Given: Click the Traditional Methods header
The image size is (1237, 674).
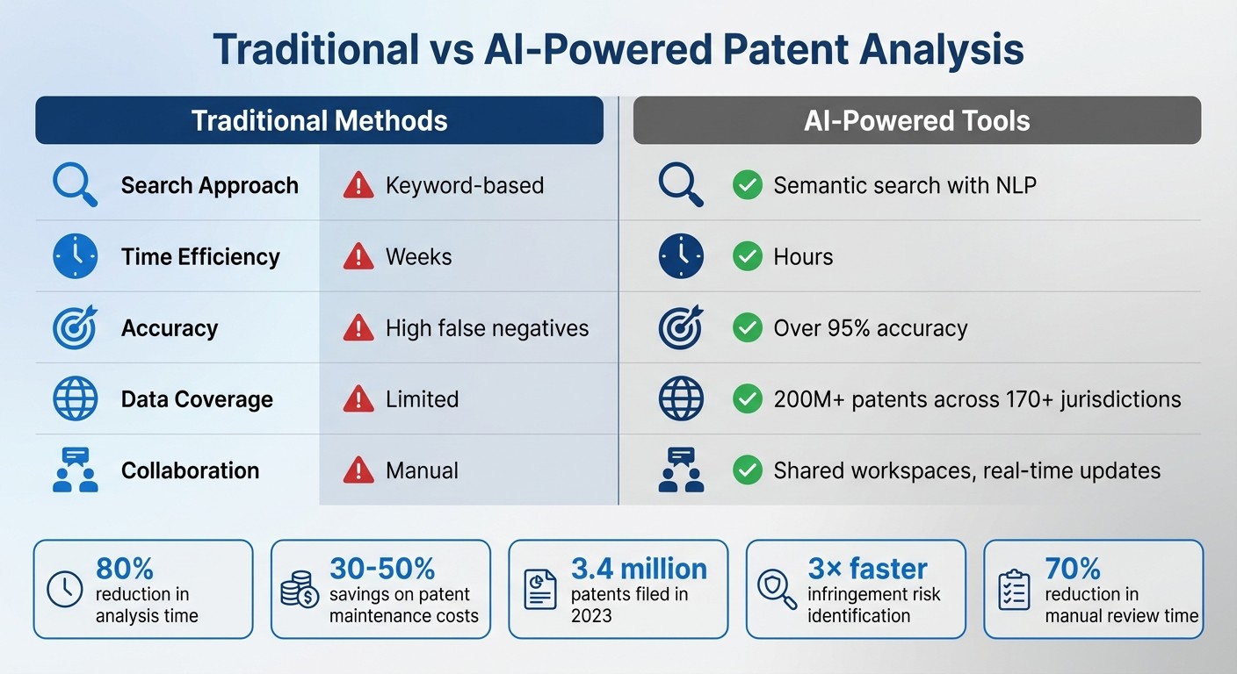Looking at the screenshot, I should click(x=319, y=120).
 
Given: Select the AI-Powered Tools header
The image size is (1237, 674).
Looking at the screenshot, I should click(x=916, y=120).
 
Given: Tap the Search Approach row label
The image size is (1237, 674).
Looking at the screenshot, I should click(x=209, y=185).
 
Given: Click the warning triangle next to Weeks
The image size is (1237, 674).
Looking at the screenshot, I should click(x=358, y=256).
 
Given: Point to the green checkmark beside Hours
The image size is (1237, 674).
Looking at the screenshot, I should click(x=747, y=256).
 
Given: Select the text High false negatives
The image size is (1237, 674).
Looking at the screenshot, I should click(x=487, y=328).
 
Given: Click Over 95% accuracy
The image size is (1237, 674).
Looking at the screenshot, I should click(x=870, y=328).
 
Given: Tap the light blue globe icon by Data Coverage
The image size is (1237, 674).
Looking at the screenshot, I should click(x=75, y=399).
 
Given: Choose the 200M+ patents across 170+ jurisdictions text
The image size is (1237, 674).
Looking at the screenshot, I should click(x=977, y=399).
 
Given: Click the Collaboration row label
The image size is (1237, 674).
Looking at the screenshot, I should click(x=190, y=470).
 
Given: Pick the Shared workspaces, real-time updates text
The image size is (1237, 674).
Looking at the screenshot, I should click(x=966, y=470).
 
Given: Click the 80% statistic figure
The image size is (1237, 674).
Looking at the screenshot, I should click(x=125, y=569).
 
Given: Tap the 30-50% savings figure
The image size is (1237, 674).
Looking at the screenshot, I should click(x=382, y=569).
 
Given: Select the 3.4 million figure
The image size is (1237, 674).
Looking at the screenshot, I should click(x=639, y=569).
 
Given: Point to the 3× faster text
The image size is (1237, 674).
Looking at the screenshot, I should click(x=868, y=569).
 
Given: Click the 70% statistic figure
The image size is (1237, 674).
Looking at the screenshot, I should click(x=1073, y=569).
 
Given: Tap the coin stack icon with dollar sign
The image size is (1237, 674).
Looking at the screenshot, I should click(x=300, y=589).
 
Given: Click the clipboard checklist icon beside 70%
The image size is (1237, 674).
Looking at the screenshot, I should click(x=1015, y=589).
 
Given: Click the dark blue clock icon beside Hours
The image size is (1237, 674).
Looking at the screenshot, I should click(x=681, y=256).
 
